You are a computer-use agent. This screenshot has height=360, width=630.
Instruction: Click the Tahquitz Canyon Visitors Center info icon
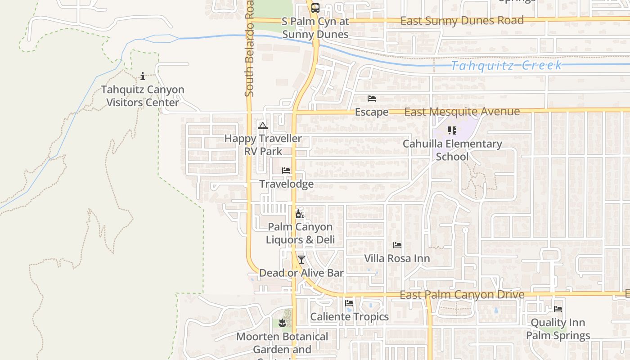(x=143, y=76)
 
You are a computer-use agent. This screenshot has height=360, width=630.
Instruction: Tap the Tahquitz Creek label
(x=506, y=66)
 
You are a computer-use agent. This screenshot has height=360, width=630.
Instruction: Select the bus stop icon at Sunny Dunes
(x=315, y=8)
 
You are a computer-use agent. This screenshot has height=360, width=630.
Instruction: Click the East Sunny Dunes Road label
(x=462, y=21)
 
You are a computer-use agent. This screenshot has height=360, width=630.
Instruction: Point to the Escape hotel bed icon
(x=372, y=99)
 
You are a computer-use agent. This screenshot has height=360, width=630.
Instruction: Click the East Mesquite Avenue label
(x=462, y=112)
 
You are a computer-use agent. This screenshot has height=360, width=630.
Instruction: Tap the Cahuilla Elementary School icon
(x=452, y=130)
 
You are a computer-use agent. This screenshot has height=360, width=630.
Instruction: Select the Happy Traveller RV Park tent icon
(x=263, y=126)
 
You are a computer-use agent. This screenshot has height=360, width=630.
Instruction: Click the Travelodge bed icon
(x=286, y=171)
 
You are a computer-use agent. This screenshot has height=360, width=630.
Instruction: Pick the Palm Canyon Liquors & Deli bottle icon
(x=300, y=214)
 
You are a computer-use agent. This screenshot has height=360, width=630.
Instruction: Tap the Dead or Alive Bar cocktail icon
(x=301, y=260)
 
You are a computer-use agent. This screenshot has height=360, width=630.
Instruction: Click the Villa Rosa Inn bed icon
(x=397, y=245)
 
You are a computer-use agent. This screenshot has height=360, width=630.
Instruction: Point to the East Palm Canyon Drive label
(x=462, y=295)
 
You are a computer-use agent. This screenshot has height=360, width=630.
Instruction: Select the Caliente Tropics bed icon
(x=349, y=303)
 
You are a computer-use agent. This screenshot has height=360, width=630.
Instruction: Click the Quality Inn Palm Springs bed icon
(x=558, y=309)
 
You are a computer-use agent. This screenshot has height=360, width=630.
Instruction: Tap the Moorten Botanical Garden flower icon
(x=282, y=323)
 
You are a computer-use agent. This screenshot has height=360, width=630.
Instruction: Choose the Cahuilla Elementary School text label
(x=452, y=150)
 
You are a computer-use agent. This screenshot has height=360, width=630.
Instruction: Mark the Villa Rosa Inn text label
(x=397, y=259)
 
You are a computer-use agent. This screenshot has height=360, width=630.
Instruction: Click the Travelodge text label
(x=287, y=184)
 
